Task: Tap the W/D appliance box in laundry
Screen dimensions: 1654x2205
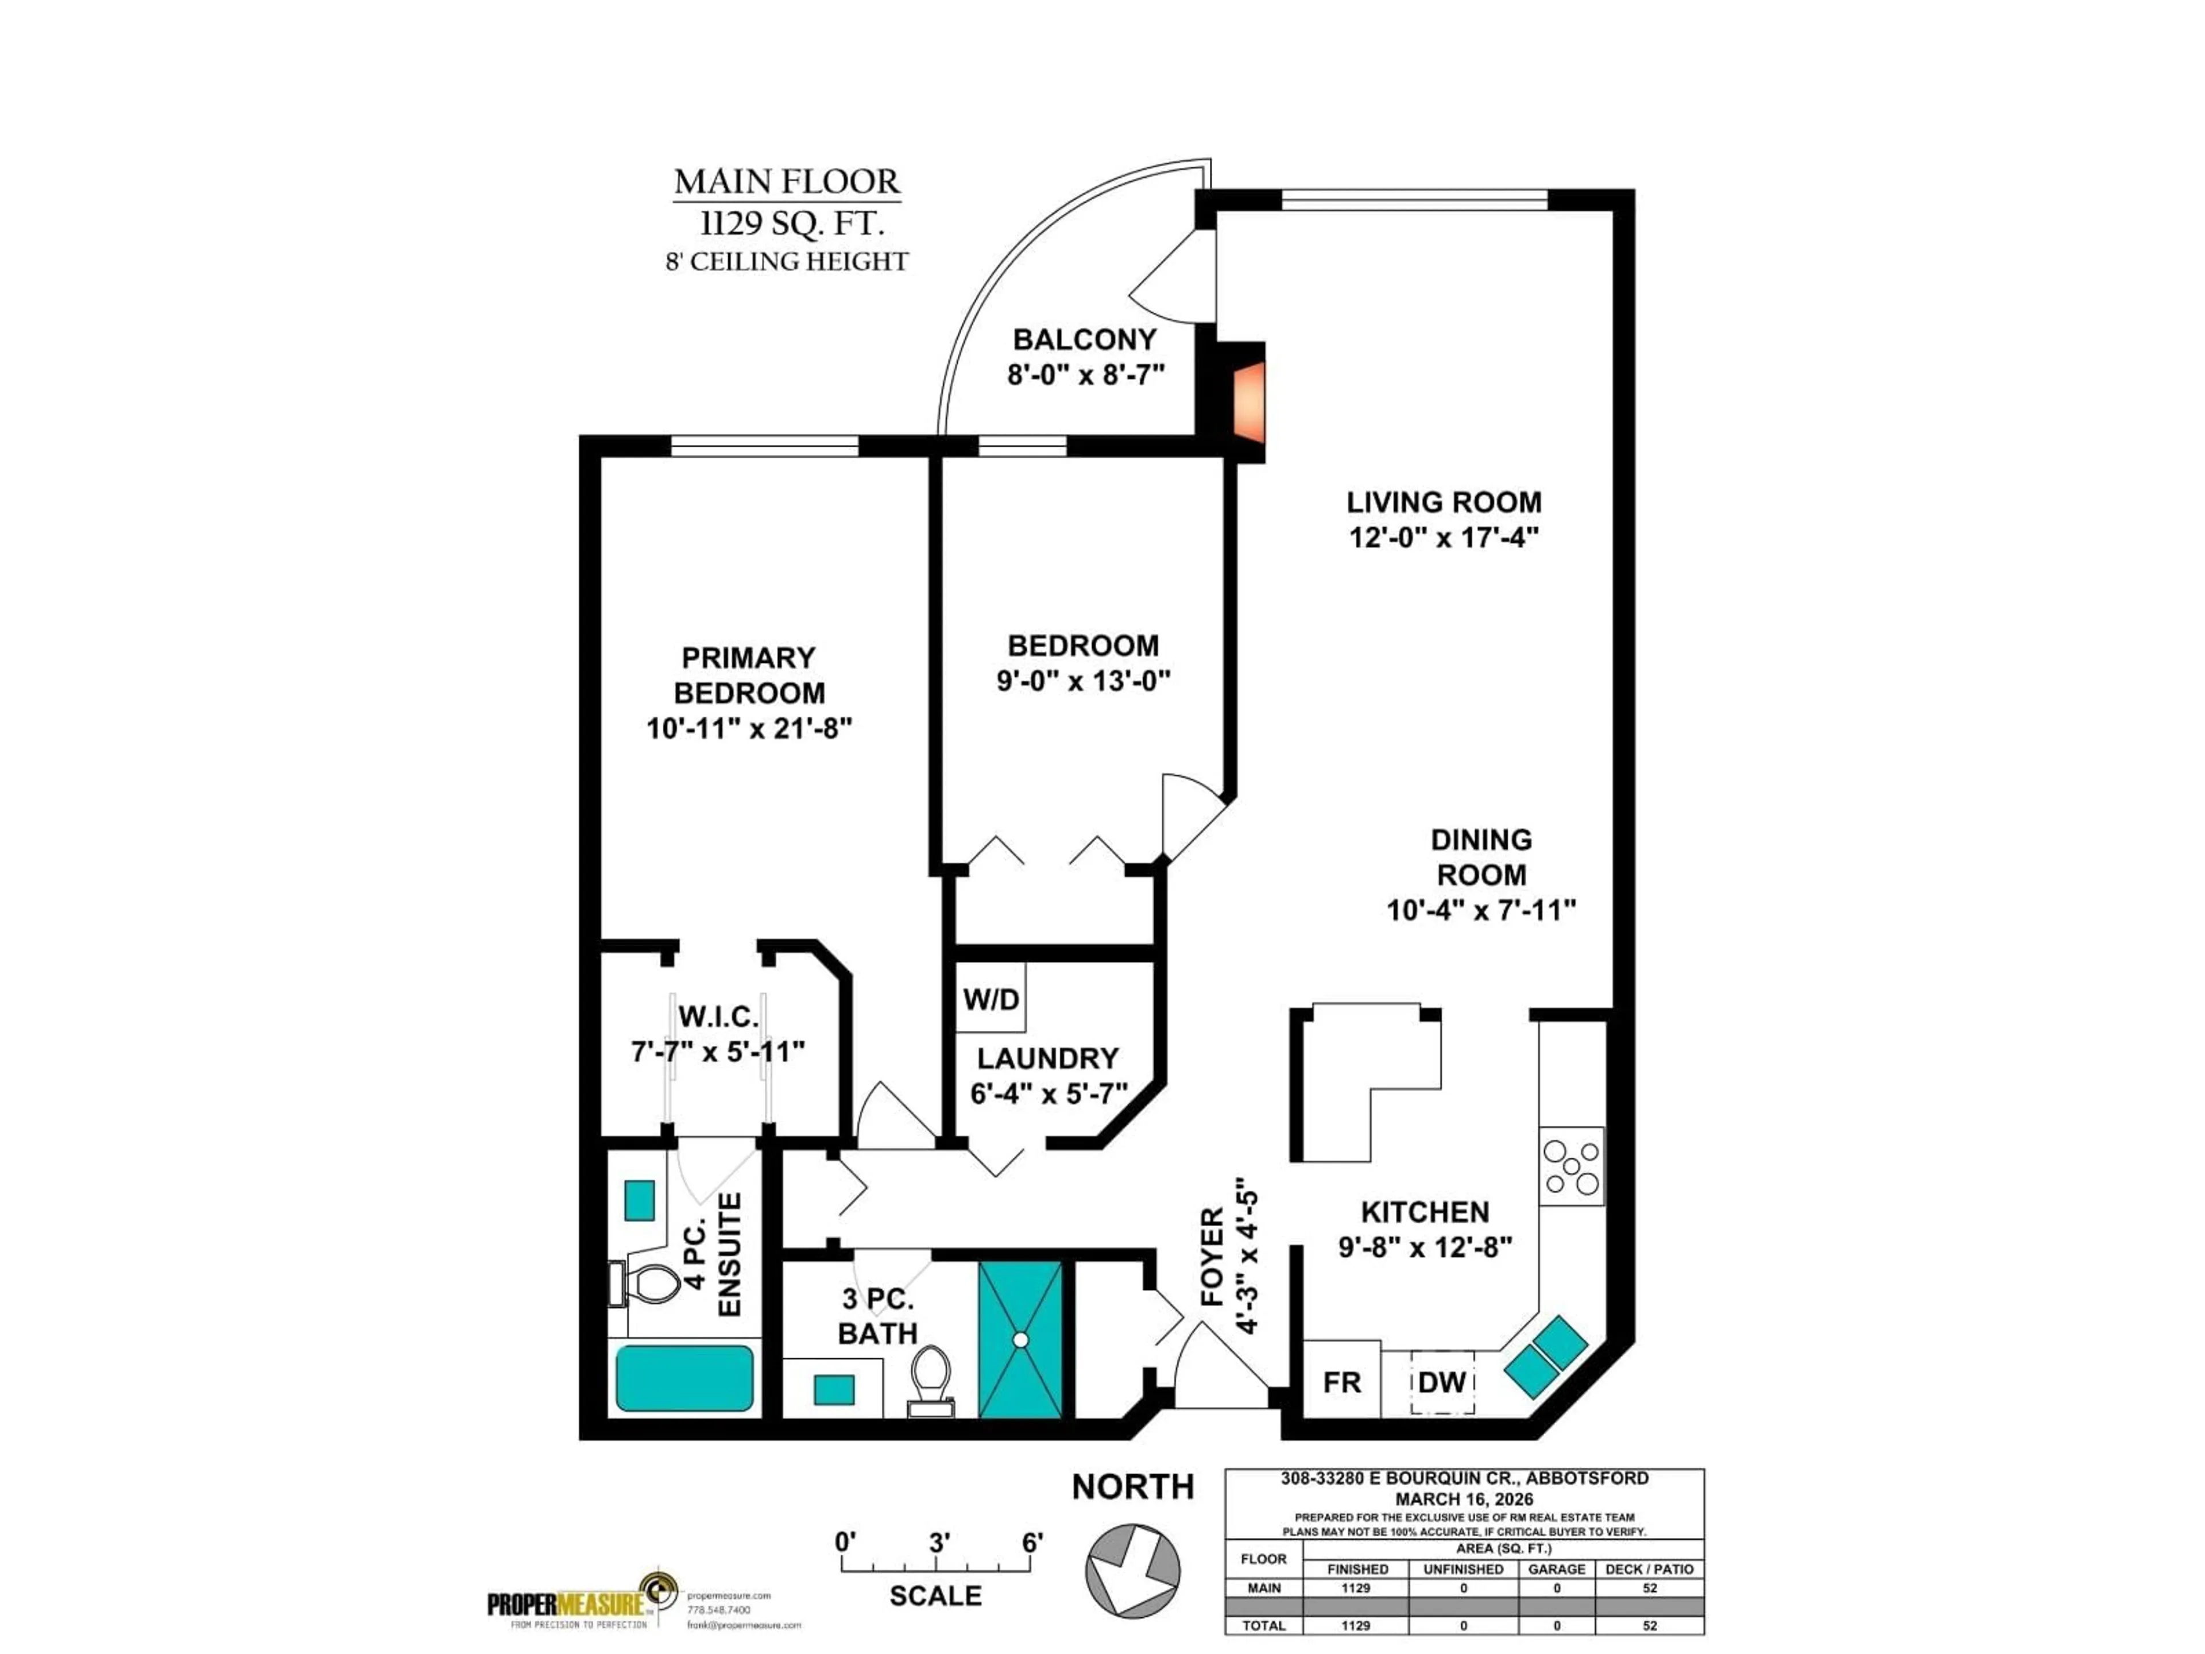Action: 991,998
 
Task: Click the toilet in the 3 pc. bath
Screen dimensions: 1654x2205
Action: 931,1379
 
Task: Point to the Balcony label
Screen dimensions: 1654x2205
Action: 1085,339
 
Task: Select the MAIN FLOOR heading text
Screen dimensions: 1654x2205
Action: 787,181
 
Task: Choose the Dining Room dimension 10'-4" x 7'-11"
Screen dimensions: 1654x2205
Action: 1480,910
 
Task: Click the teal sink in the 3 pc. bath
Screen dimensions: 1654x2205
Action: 833,1389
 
